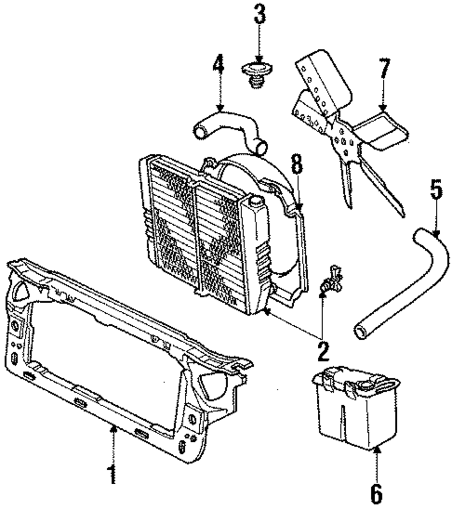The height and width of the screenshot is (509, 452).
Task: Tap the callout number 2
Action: click(x=322, y=350)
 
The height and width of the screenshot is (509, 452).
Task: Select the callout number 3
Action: click(x=259, y=15)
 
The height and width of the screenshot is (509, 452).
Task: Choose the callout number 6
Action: click(x=377, y=494)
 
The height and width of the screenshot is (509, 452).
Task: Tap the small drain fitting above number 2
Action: click(x=332, y=280)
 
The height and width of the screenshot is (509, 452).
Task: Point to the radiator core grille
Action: click(x=194, y=226)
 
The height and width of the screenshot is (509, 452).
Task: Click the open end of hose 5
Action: click(x=361, y=333)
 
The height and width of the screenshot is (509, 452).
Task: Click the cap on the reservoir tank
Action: click(x=365, y=385)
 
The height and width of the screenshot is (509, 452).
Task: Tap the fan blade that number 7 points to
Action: click(x=382, y=131)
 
